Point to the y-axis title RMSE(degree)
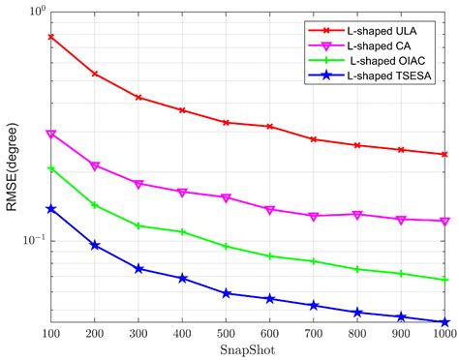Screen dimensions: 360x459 pyautogui.click(x=13, y=167)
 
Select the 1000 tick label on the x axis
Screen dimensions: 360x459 pyautogui.click(x=444, y=333)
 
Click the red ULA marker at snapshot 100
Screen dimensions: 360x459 pyautogui.click(x=50, y=37)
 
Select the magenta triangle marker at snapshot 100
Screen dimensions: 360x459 pyautogui.click(x=50, y=135)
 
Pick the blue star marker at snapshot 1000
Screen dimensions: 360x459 pyautogui.click(x=444, y=322)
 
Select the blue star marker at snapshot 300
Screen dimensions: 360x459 pyautogui.click(x=138, y=269)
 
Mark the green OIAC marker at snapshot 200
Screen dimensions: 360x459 pyautogui.click(x=94, y=205)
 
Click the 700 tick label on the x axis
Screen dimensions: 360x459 pyautogui.click(x=313, y=333)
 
